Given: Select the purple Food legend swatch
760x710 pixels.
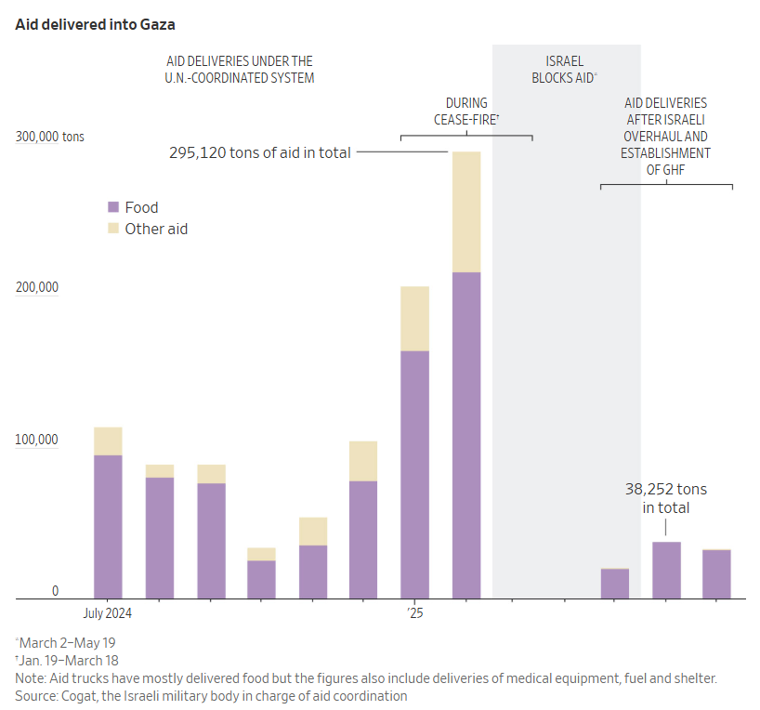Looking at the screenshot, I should [114, 207].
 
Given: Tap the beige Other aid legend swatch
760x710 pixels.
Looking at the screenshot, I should [114, 229].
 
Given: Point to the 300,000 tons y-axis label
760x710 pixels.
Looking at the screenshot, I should [49, 137].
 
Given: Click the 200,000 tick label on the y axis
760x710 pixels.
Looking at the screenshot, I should [36, 287].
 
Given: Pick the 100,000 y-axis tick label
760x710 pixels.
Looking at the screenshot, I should [36, 440].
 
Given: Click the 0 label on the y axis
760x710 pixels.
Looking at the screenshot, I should [55, 591].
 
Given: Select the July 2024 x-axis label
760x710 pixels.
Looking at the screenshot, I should [107, 613].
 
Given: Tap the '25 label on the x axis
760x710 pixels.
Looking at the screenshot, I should [414, 613].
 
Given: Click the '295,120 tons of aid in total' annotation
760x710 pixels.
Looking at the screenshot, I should [260, 152].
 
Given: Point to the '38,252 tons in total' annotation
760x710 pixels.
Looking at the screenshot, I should [666, 498].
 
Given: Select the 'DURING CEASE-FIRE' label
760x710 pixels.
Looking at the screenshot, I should [466, 112].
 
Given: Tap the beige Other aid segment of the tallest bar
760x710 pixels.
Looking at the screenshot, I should [466, 212].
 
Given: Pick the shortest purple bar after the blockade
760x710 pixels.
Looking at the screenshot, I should [615, 584].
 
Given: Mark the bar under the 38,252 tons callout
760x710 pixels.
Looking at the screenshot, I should [666, 571].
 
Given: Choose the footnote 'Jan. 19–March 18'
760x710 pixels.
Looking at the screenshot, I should [69, 660].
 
